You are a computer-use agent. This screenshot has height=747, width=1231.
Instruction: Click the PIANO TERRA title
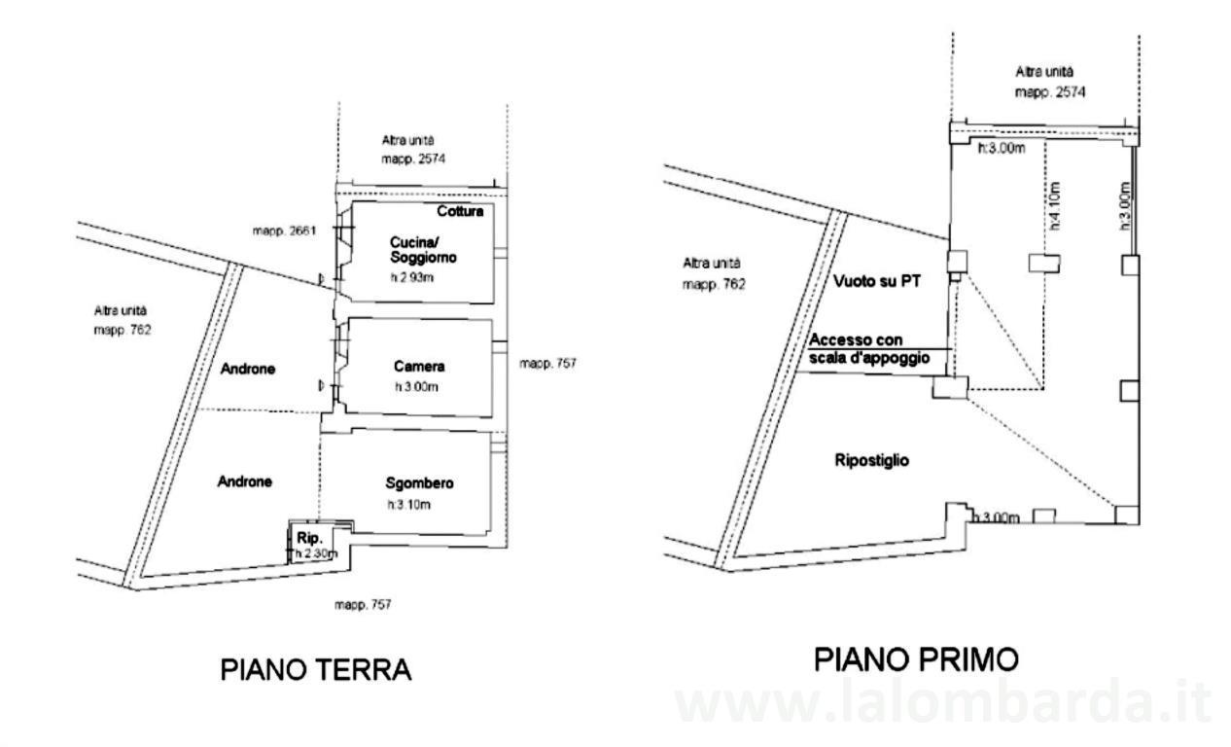[x=316, y=670]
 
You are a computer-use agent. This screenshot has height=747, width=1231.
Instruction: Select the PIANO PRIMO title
[x=916, y=659]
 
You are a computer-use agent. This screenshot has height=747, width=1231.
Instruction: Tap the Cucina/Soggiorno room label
[x=424, y=250]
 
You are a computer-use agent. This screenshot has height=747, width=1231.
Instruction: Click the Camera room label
[x=419, y=367]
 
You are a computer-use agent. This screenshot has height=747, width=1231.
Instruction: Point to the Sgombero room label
[x=419, y=482]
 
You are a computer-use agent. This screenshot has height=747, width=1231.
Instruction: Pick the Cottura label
[x=460, y=211]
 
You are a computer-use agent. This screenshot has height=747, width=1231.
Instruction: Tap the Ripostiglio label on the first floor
[x=872, y=460]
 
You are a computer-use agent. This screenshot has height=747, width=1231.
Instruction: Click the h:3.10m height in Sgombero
[x=408, y=505]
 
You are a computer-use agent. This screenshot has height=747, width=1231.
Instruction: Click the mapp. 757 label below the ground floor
[x=363, y=605]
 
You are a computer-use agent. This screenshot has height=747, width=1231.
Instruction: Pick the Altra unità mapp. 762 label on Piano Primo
[x=715, y=273]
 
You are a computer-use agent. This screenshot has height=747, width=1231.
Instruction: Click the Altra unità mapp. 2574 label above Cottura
[x=408, y=149]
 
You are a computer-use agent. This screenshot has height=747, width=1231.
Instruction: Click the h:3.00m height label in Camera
[x=416, y=386]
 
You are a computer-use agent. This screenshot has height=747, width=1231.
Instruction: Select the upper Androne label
[x=247, y=370]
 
